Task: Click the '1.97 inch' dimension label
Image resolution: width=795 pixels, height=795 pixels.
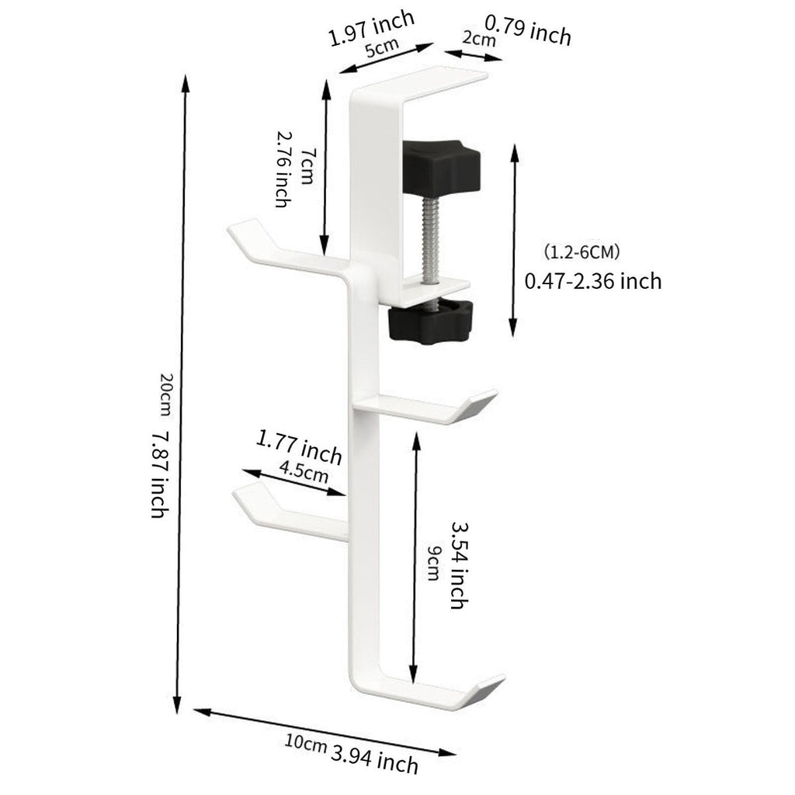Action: click(x=372, y=28)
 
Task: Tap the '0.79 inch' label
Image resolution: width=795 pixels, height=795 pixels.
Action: click(x=528, y=30)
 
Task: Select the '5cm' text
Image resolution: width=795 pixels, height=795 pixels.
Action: click(x=382, y=47)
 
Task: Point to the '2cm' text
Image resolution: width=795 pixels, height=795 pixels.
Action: click(x=478, y=38)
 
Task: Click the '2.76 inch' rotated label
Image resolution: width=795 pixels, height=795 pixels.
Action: click(x=282, y=169)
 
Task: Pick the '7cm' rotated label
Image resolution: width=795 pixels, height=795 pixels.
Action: click(x=307, y=166)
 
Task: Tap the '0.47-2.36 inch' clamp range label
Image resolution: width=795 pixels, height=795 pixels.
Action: click(x=592, y=281)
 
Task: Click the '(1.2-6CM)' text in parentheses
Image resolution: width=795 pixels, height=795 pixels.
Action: click(x=582, y=252)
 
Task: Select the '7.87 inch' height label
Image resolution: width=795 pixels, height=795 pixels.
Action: click(x=160, y=474)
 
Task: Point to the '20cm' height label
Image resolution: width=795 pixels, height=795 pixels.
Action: click(x=168, y=394)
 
